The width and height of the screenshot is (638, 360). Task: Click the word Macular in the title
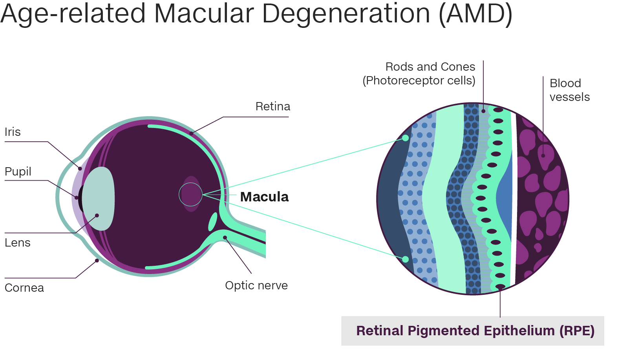pos(204,13)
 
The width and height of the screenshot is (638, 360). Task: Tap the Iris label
pos(13,132)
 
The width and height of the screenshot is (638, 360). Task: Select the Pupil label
pos(18,172)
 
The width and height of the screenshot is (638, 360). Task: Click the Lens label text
pos(17,243)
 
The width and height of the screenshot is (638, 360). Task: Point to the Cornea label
pos(24,288)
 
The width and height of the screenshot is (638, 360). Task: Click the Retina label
pos(272,106)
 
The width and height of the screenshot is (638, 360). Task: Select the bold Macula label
pos(264,197)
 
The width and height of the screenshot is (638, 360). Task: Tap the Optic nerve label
pos(256,285)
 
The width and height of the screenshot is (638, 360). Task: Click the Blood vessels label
pos(569,90)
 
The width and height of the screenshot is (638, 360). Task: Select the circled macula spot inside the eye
pos(191,194)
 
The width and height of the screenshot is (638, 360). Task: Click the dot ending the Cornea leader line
pos(97,261)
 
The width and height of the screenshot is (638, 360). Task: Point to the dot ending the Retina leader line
pos(191,133)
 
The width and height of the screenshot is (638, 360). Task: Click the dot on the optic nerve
pos(225,238)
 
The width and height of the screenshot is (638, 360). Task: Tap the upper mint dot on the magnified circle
pos(406,138)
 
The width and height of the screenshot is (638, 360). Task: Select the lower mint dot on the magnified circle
pos(406,259)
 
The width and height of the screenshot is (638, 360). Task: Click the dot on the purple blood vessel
pos(543,155)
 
